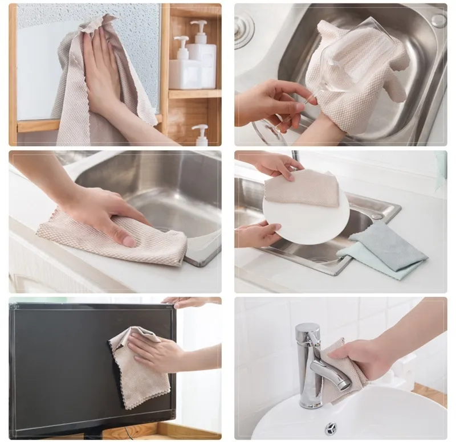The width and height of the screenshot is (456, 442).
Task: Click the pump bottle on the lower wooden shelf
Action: click(201, 136)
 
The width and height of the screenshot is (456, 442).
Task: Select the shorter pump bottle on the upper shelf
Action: click(181, 66)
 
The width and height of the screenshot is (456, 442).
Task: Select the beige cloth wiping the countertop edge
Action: click(114, 239)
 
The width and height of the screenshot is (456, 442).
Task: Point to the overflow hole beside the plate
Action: click(377, 216)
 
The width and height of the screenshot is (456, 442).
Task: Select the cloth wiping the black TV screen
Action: click(137, 370)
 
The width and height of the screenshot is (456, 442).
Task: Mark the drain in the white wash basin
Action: click(331, 428)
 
